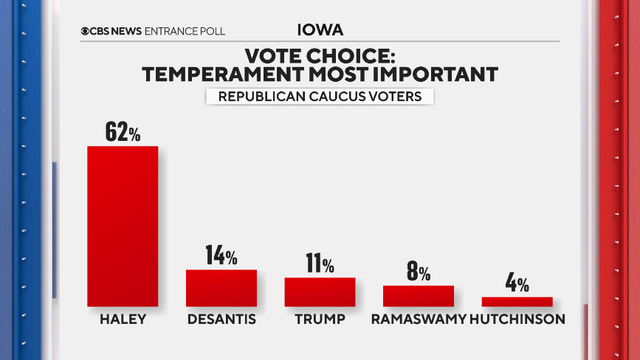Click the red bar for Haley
(x=123, y=226)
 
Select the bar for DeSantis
(x=221, y=288)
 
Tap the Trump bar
(x=320, y=291)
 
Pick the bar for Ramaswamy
(x=418, y=295)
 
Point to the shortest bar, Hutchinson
(x=517, y=301)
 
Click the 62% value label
(x=123, y=133)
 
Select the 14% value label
(x=221, y=257)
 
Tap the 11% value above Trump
(x=320, y=264)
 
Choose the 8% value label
(x=419, y=272)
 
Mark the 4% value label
(x=517, y=284)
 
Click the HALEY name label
(x=123, y=319)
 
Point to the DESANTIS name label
(x=221, y=319)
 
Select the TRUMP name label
(x=320, y=319)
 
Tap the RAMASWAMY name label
(x=419, y=319)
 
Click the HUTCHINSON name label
(x=517, y=319)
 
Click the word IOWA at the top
(x=320, y=30)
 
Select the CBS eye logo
(x=86, y=31)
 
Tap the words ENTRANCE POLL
(x=185, y=31)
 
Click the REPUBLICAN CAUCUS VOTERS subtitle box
(x=319, y=96)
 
